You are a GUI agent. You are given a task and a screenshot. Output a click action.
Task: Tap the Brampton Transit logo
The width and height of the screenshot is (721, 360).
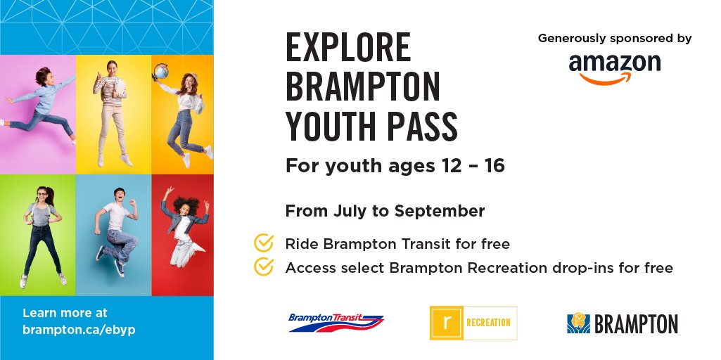[x=336, y=322]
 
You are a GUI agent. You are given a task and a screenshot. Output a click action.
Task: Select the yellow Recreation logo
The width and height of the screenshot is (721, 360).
[x=473, y=323]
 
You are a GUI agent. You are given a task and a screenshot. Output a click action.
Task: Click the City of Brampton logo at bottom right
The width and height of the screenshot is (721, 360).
[x=622, y=323]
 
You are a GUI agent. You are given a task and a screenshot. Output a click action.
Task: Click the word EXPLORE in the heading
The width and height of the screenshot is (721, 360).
[x=347, y=49]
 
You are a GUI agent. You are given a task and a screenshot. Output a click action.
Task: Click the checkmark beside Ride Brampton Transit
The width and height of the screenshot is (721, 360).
[x=263, y=243]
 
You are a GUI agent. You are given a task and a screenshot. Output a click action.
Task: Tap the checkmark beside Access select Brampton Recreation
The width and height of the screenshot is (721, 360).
[x=263, y=267]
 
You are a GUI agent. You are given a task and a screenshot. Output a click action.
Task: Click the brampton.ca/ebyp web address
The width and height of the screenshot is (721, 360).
[x=79, y=328]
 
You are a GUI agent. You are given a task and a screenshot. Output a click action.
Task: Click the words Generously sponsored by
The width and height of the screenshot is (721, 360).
[x=615, y=38]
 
